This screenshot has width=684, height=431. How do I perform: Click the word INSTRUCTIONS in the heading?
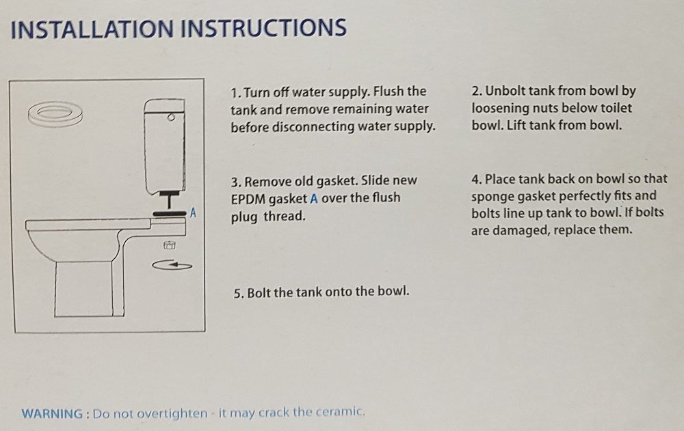(263, 28)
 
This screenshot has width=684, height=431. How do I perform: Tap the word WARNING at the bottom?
(52, 413)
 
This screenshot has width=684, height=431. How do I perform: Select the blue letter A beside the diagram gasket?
(193, 213)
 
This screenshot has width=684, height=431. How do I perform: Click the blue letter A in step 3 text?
(314, 198)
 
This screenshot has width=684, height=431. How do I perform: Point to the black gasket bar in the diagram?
(169, 214)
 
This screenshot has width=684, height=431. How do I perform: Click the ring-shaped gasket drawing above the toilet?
(55, 113)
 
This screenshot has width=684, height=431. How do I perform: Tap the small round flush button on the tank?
(171, 117)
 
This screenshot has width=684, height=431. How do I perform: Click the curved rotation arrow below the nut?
(172, 264)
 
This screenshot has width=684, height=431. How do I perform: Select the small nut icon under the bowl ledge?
(169, 245)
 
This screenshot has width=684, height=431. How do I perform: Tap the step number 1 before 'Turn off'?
(235, 93)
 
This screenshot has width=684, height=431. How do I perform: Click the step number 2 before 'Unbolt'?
(476, 91)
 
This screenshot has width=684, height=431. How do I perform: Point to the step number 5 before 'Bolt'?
(238, 293)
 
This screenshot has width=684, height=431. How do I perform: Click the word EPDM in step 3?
(247, 199)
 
